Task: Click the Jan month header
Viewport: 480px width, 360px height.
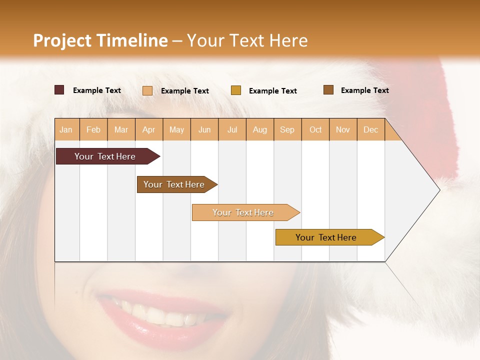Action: [66, 129]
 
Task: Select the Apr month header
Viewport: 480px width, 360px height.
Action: [148, 129]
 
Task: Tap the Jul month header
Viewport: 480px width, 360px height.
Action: [232, 129]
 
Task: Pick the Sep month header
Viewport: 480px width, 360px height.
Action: [287, 129]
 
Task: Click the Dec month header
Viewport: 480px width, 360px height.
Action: [370, 129]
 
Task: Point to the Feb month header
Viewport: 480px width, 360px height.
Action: [93, 129]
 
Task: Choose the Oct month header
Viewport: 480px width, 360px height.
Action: [315, 129]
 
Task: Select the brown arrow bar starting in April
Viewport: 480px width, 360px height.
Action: [175, 184]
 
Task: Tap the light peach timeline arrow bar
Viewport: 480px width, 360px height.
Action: [244, 212]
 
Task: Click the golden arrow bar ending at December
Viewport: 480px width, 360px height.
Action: [327, 237]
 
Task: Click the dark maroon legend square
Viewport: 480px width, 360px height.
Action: [59, 90]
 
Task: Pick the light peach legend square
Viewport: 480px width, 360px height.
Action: [147, 90]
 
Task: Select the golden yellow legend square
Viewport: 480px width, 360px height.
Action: [236, 90]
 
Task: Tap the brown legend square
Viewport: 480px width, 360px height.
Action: [328, 90]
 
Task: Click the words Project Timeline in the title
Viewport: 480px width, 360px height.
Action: [100, 40]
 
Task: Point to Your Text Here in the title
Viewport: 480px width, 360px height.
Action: [247, 40]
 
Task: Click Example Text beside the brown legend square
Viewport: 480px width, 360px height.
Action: [364, 90]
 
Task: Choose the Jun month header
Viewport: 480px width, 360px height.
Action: [204, 129]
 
